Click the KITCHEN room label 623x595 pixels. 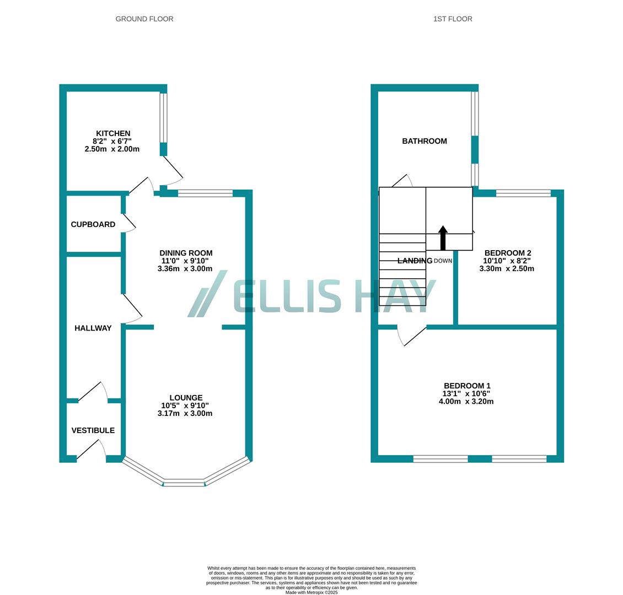tap(113, 133)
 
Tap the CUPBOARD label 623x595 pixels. tap(93, 224)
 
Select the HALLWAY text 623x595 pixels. tap(93, 328)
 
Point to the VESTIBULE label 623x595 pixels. tap(93, 430)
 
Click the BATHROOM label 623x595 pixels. tap(425, 141)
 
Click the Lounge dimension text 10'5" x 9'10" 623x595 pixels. tap(185, 405)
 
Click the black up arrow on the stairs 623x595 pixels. tap(443, 237)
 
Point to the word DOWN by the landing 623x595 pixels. tap(443, 261)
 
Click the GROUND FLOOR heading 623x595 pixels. tap(144, 19)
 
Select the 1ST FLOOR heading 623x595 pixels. tap(453, 19)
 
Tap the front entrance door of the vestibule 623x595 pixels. tap(92, 451)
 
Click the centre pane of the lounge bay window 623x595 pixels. tap(184, 483)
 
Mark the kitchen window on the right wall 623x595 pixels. tap(164, 117)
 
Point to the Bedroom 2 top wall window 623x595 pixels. tap(523, 193)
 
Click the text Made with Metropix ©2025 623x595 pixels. tap(311, 592)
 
